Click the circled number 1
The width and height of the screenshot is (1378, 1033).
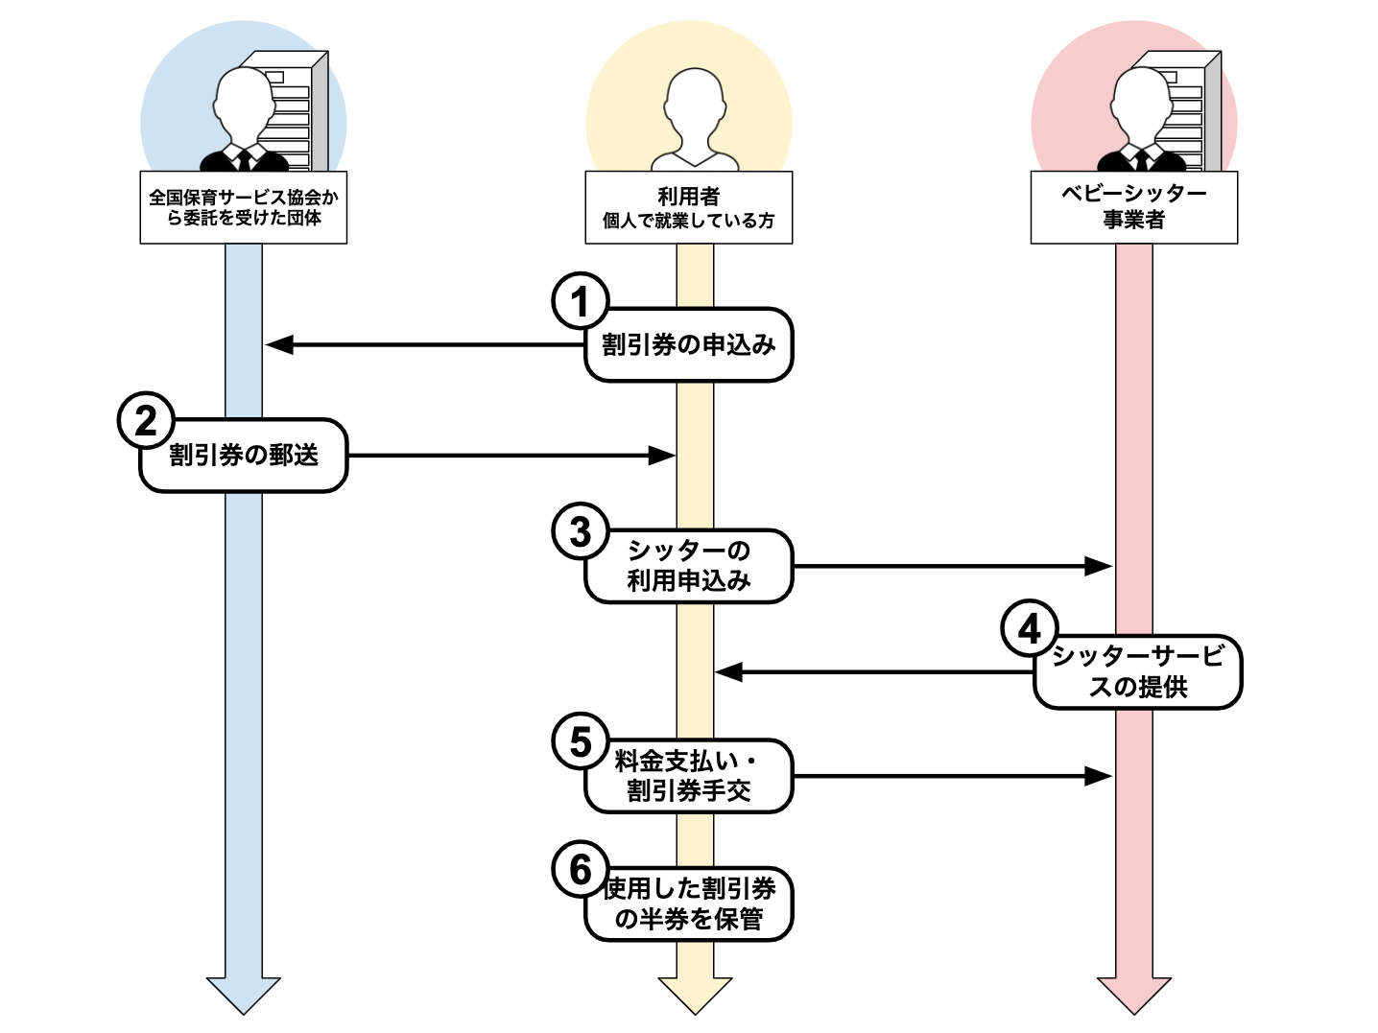pos(580,301)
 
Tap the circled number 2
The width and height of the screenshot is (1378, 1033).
pos(146,420)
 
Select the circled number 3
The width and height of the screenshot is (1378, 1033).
pos(580,531)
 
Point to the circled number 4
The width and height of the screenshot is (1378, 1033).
pos(1029,629)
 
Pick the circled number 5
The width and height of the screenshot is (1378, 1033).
pos(580,741)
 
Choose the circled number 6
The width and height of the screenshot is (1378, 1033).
pos(580,869)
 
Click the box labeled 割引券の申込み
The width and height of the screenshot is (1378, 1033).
pos(689,345)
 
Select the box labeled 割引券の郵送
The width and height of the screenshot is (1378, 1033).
pos(244,456)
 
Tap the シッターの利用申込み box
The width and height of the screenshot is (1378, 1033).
pos(689,566)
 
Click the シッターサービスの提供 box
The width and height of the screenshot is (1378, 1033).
pos(1138,671)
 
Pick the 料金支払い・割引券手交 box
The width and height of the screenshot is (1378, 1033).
pos(689,776)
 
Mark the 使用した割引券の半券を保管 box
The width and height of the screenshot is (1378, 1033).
pos(689,904)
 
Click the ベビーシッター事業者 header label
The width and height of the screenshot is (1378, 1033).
pos(1133,207)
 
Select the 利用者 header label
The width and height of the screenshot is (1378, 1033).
pos(689,207)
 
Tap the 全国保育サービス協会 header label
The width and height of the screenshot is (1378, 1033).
pos(244,207)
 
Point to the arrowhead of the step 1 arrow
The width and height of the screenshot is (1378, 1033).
pos(278,344)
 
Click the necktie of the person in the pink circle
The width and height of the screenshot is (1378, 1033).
pos(1141,159)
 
